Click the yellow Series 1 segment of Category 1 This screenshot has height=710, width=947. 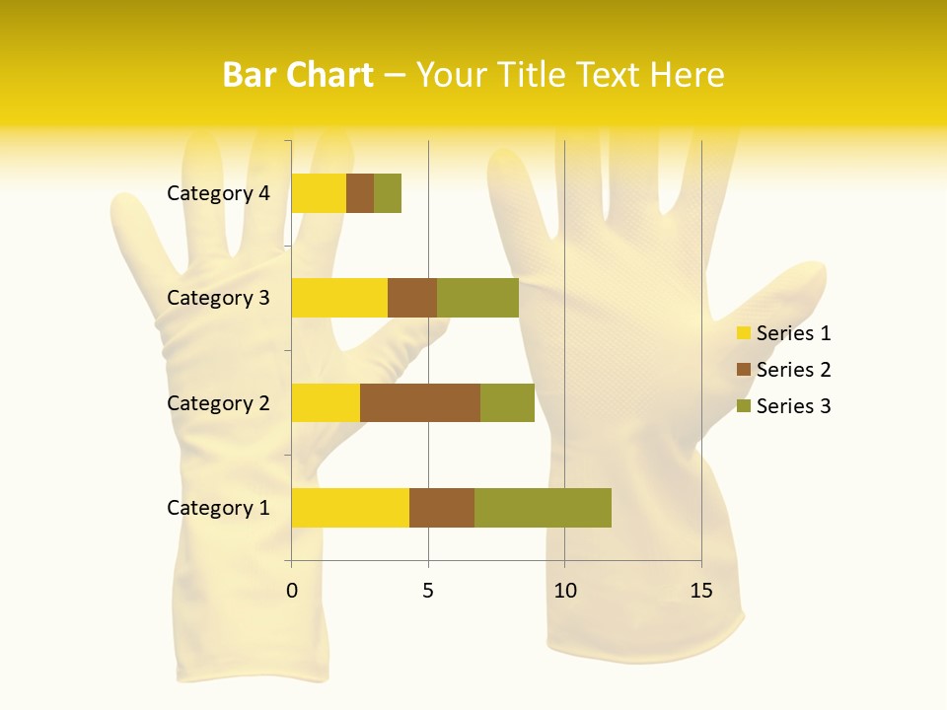pyautogui.click(x=350, y=507)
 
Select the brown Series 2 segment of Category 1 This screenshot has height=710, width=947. pyautogui.click(x=442, y=507)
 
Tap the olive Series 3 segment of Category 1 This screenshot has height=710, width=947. pyautogui.click(x=543, y=507)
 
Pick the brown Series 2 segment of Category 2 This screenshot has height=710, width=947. pyautogui.click(x=420, y=402)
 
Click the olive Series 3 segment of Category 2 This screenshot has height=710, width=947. pyautogui.click(x=507, y=402)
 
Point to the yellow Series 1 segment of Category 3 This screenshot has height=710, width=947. pyautogui.click(x=339, y=298)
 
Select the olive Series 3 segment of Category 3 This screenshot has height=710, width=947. pyautogui.click(x=477, y=298)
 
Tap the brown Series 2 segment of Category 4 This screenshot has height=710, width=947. pyautogui.click(x=360, y=193)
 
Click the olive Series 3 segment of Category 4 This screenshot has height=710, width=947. pyautogui.click(x=388, y=193)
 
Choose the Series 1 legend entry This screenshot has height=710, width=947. pyautogui.click(x=783, y=333)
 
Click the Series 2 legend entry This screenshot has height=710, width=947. pyautogui.click(x=783, y=370)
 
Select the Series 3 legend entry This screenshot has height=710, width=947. pyautogui.click(x=783, y=406)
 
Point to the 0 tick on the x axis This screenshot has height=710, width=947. pyautogui.click(x=292, y=591)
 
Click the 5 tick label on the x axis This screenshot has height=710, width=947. pyautogui.click(x=428, y=591)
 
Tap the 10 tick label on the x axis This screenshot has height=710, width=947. pyautogui.click(x=564, y=591)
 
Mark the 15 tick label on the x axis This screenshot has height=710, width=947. pyautogui.click(x=700, y=591)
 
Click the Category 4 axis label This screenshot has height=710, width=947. pyautogui.click(x=218, y=193)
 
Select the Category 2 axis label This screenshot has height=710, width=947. pyautogui.click(x=218, y=402)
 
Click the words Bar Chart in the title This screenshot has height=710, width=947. pyautogui.click(x=298, y=75)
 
